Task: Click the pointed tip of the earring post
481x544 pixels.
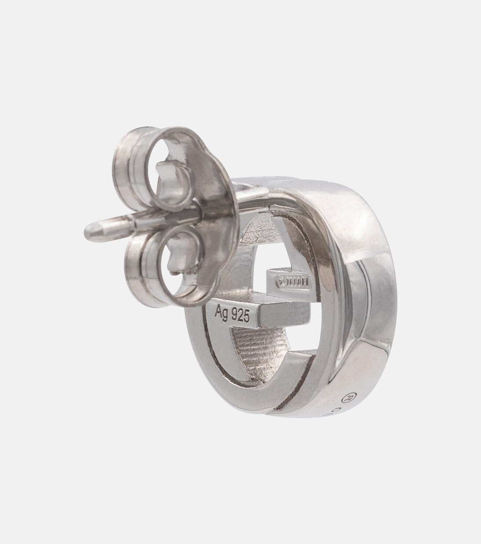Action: tap(88, 229)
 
